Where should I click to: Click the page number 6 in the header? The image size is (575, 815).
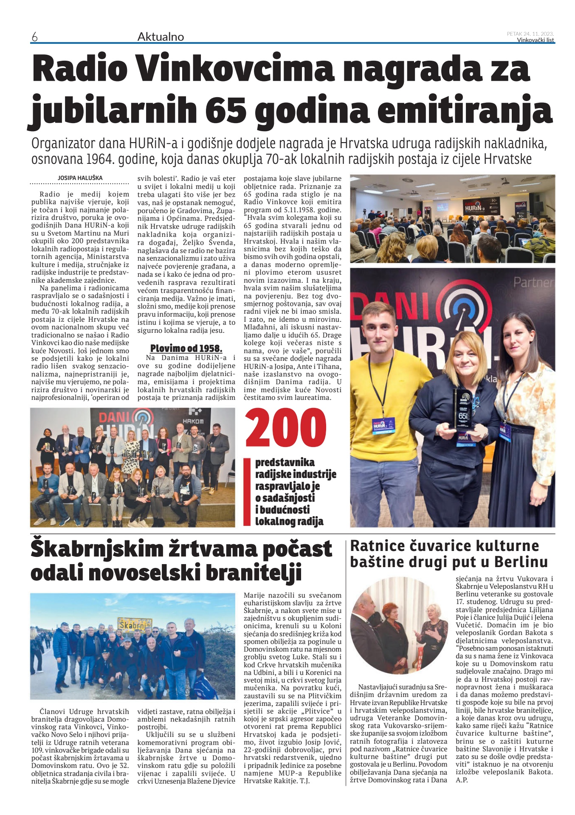point(34,37)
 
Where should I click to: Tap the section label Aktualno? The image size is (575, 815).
point(161,37)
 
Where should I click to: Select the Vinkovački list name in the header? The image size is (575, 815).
point(536,40)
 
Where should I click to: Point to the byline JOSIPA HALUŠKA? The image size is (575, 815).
point(80,178)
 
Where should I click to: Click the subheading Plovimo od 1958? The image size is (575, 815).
point(186,348)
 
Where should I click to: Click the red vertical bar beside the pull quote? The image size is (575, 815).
point(247,492)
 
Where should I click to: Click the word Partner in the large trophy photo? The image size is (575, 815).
point(534,282)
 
